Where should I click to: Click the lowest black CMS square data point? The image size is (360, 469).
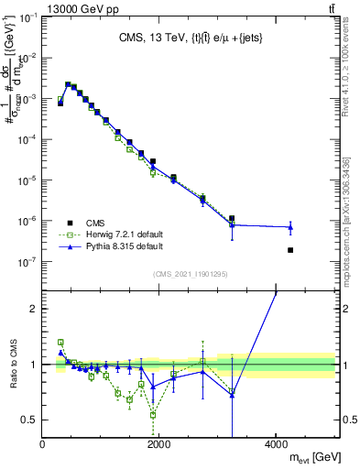[290, 250]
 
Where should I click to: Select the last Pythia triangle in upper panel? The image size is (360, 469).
[290, 227]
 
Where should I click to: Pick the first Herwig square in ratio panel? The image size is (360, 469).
[60, 342]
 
